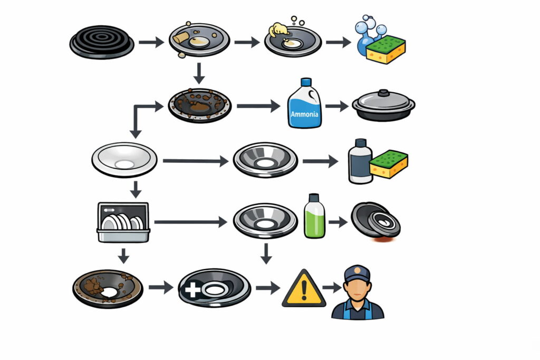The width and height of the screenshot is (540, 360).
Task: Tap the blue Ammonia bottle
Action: point(304,105)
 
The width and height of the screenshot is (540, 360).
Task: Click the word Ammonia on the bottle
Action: point(304,114)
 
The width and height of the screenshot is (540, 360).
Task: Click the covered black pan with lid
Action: point(383,106)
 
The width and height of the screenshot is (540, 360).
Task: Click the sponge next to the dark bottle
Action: point(389,164)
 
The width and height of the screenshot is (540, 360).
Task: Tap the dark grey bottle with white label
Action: point(360,161)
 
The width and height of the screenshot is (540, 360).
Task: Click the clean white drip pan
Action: point(124,159)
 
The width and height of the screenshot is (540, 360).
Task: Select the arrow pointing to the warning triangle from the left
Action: point(268,288)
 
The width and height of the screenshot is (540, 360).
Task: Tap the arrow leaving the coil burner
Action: point(151,42)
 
